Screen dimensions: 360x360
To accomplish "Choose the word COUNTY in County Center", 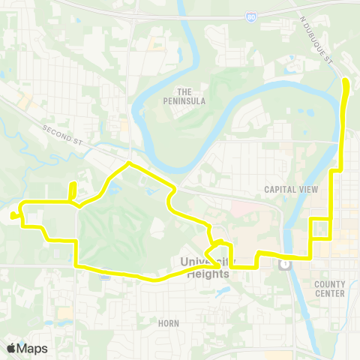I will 330,284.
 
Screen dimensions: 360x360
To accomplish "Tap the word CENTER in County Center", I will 330,293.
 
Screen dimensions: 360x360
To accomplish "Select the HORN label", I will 169,323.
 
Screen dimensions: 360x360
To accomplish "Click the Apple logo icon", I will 10,348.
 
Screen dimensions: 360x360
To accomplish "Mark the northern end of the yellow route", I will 346,80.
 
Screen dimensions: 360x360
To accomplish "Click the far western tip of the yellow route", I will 13,217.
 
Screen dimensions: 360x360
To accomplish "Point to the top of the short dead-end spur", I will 73,184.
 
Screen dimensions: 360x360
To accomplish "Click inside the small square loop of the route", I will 320,228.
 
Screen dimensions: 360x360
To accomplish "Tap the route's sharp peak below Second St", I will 130,163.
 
